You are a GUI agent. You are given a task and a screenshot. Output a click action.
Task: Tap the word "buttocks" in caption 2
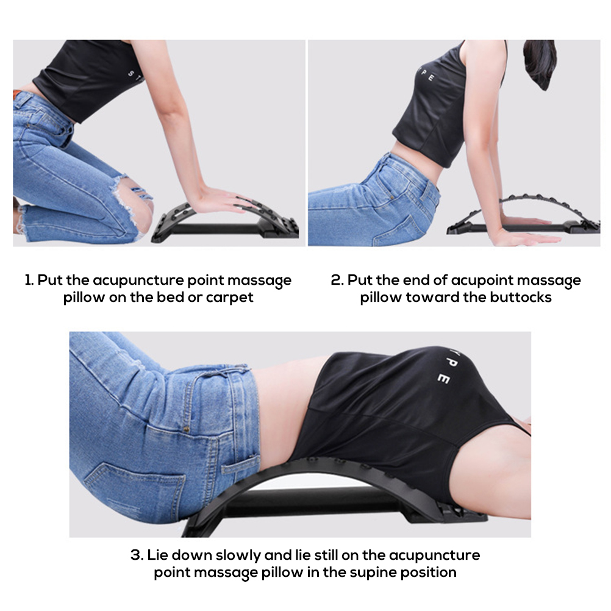click(x=521, y=298)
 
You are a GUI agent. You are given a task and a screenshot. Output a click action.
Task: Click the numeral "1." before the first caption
click(x=29, y=280)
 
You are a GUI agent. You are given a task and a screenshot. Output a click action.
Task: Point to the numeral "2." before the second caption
click(x=337, y=280)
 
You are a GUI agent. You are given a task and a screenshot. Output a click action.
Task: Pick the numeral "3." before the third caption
click(x=137, y=555)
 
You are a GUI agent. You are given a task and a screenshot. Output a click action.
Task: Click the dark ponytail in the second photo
click(x=540, y=62)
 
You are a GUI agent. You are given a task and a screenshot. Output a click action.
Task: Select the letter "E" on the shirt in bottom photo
click(x=443, y=378)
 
